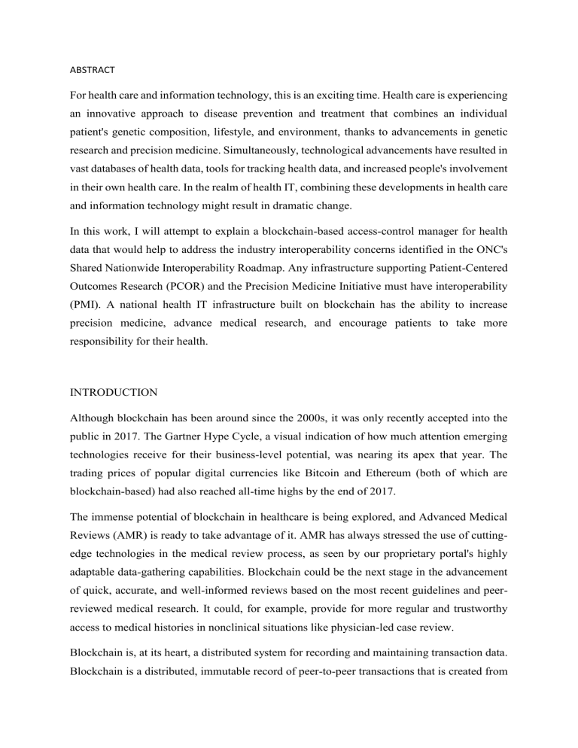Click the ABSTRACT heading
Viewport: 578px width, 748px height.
pos(93,70)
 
